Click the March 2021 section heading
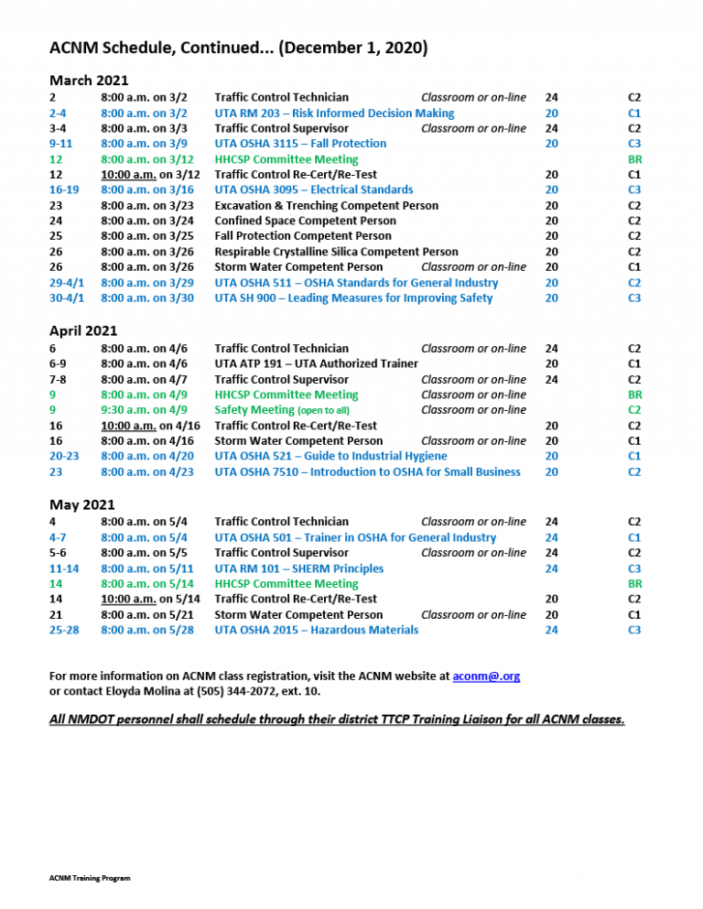tap(89, 79)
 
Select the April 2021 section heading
tap(83, 330)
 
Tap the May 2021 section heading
tap(81, 503)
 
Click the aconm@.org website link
tap(486, 676)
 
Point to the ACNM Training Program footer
tap(90, 878)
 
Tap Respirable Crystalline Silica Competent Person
tap(336, 252)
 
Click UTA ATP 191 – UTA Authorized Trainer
tap(316, 363)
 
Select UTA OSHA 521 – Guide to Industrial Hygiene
tap(330, 456)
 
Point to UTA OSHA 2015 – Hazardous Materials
tap(316, 630)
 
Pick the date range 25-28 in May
tap(65, 630)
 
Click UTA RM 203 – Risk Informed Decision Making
tap(334, 113)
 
